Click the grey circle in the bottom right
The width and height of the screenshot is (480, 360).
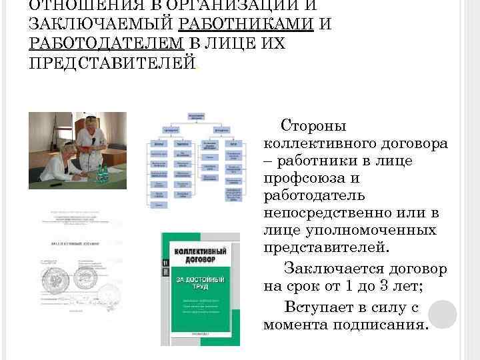click(442, 314)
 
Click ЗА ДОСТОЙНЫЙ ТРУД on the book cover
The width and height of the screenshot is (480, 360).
click(200, 281)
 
